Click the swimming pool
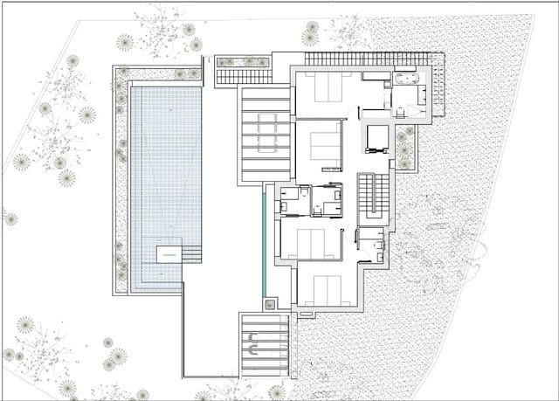[165, 166]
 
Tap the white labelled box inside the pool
[169, 254]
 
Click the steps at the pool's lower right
[192, 254]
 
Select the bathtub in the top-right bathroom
[408, 79]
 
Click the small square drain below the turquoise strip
[270, 304]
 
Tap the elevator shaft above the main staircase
[376, 139]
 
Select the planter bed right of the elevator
[404, 148]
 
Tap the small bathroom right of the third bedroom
[370, 245]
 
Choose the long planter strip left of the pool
[121, 175]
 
